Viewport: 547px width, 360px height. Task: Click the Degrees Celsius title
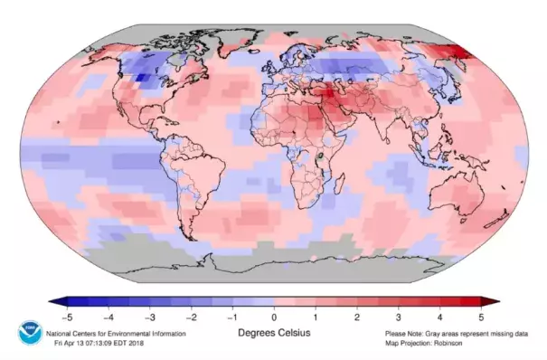(273, 333)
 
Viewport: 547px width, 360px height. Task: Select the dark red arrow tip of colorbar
(493, 301)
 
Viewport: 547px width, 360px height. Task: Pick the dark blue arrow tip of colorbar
(54, 301)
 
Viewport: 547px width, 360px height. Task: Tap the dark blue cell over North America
(142, 80)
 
